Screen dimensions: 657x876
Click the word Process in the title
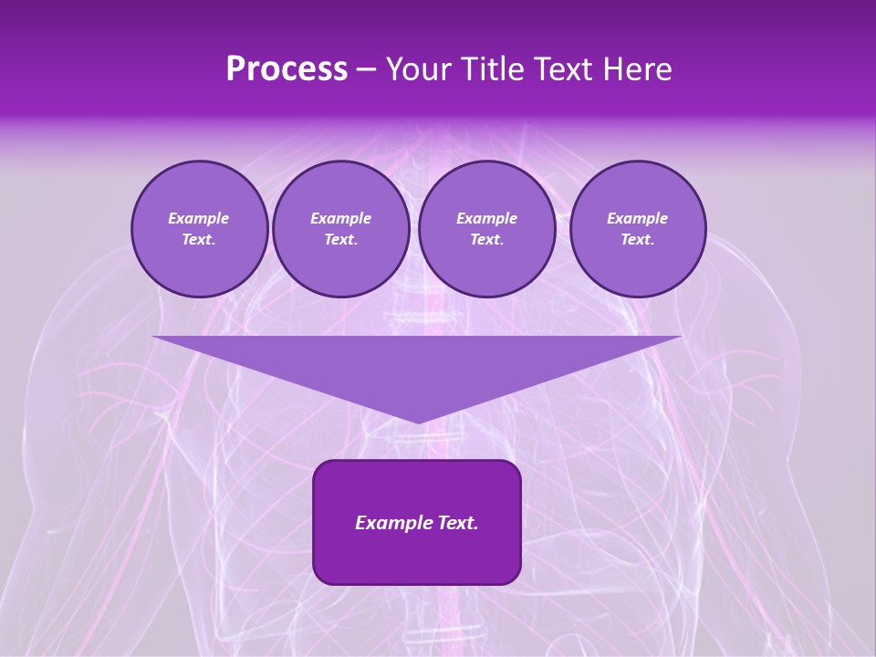(287, 69)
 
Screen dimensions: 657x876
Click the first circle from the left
(200, 229)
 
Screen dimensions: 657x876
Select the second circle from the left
(341, 229)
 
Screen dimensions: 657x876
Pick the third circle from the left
(487, 229)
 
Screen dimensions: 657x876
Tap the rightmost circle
(638, 229)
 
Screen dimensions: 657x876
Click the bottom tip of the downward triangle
(418, 422)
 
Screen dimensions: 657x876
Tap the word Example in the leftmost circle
(199, 218)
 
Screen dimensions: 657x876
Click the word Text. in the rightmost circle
(638, 240)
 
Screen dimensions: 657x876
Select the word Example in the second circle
(341, 218)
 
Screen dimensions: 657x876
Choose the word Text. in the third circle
(487, 240)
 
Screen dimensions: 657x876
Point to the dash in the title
(366, 69)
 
